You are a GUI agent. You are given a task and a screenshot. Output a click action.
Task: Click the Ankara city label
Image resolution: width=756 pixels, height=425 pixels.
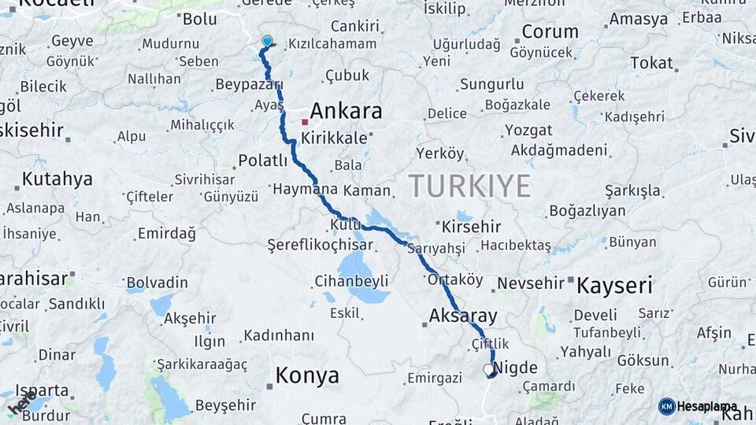346,111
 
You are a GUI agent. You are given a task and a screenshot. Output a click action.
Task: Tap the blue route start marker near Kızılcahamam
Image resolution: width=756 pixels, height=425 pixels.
267,42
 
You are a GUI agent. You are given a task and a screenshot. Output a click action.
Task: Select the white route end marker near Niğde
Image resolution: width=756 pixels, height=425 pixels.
488,368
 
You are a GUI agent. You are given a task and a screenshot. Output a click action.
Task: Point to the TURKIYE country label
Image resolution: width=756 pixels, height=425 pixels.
469,187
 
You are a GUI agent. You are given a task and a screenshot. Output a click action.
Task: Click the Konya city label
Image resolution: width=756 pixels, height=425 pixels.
306,375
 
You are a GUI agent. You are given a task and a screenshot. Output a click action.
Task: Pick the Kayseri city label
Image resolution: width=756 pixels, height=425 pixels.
614,285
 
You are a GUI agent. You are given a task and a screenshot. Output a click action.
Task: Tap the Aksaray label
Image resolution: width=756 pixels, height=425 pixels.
463,316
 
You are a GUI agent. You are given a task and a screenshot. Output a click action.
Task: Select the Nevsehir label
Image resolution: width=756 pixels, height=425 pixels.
532,283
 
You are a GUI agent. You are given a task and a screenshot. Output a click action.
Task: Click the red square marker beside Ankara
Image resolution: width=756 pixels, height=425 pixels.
305,122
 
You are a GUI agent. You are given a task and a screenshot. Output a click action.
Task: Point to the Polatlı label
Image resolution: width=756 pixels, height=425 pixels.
263,161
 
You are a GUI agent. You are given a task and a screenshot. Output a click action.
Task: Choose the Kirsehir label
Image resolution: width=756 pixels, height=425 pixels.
472,226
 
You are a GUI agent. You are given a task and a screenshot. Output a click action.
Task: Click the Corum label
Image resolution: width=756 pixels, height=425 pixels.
550,32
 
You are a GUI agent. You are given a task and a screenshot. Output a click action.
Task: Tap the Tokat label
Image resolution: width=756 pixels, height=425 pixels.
651,63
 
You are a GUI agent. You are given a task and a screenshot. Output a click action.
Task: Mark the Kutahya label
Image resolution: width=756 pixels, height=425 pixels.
57,179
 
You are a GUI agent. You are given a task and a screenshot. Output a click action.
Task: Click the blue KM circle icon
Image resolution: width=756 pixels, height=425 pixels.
666,406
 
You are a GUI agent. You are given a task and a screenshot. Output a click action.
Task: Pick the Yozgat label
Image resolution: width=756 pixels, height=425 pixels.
528,130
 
